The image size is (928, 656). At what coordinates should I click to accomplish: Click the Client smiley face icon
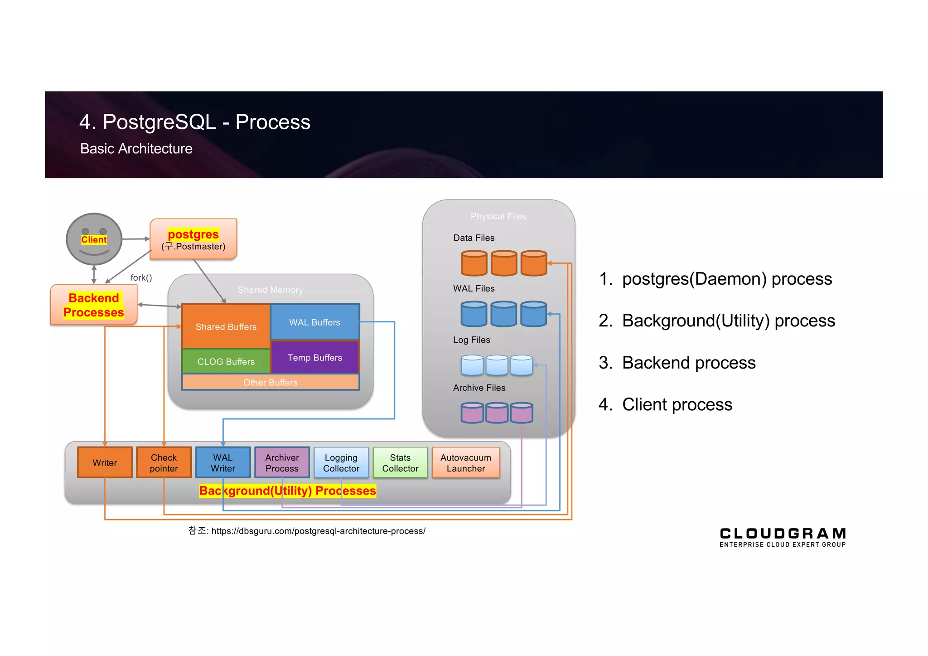point(94,239)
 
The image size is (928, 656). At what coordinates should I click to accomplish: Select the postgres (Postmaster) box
point(193,239)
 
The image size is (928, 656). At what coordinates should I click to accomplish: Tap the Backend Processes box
point(94,305)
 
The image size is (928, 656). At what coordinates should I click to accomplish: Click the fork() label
point(141,277)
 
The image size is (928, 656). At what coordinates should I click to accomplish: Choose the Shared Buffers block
point(226,326)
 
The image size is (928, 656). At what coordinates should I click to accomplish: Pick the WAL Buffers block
point(315,322)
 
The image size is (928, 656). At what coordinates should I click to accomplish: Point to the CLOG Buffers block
point(226,361)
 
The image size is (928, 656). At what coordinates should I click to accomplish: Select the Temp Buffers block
point(315,357)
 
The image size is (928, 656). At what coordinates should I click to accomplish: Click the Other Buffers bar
point(271,382)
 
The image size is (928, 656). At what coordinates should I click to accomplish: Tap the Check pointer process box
point(164,462)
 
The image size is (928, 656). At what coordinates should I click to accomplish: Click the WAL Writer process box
point(223,462)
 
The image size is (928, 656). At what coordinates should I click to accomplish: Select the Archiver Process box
point(282,462)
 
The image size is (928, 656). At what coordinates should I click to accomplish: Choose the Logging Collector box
point(341,462)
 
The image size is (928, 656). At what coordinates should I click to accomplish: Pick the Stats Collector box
point(400,462)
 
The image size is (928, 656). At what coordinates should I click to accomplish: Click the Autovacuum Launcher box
point(466,462)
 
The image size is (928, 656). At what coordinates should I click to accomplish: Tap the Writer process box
point(105,462)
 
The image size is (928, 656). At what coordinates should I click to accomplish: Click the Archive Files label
point(479,388)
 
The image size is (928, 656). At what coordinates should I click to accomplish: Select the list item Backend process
point(688,363)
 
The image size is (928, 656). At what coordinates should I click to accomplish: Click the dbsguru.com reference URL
point(318,531)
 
